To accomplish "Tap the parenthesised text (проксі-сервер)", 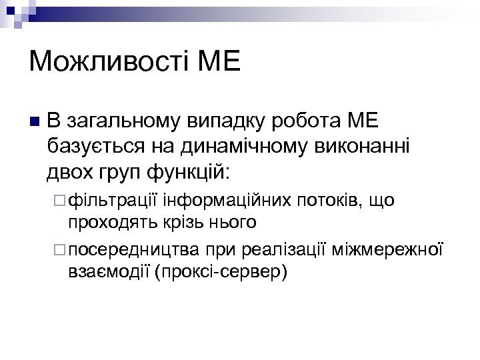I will pyautogui.click(x=221, y=272).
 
